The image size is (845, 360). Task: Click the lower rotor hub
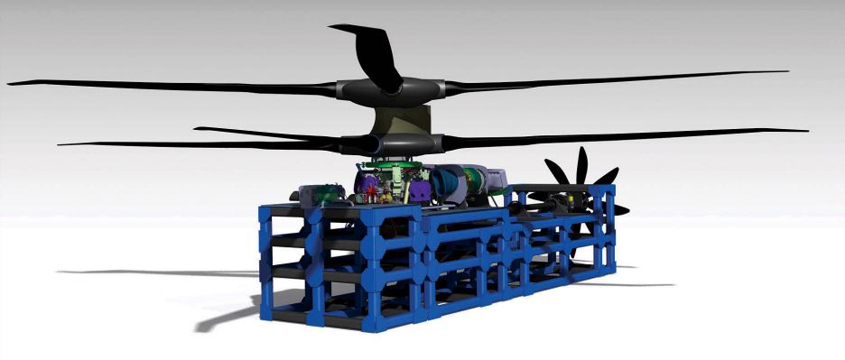coord(394,143)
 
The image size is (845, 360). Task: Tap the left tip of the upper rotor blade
coord(11,83)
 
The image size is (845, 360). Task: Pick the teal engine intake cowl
coord(448,184)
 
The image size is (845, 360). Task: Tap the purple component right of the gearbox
coord(418,190)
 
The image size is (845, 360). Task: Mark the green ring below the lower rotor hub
coord(390,165)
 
